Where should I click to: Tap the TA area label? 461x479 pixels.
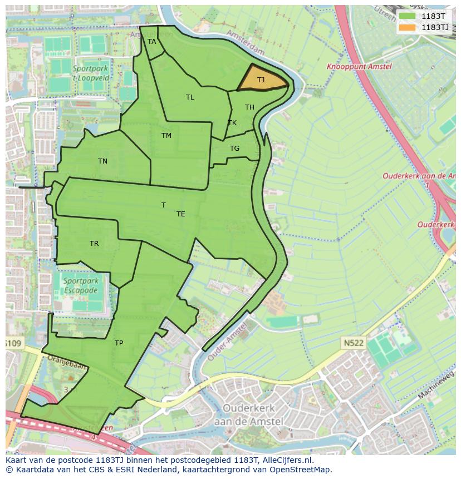click(152, 42)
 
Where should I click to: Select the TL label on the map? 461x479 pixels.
click(190, 97)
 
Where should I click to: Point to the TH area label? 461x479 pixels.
click(249, 107)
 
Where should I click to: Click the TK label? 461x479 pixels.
click(232, 123)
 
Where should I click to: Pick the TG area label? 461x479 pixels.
click(234, 149)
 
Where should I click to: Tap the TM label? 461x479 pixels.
click(166, 136)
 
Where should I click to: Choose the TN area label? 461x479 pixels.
click(102, 161)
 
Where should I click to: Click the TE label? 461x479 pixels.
click(181, 214)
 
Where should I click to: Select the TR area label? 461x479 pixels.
click(94, 244)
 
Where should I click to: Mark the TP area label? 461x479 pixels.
click(119, 343)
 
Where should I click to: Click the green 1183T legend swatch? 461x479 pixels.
click(408, 16)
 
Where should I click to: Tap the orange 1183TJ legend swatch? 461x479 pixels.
click(408, 27)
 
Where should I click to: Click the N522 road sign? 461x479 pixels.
click(354, 343)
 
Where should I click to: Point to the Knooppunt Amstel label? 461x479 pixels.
click(359, 66)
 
